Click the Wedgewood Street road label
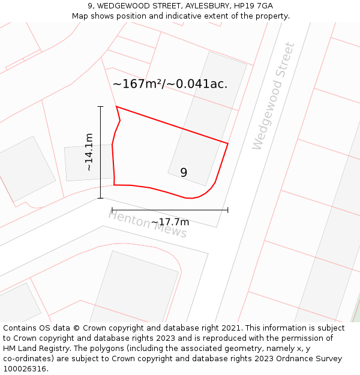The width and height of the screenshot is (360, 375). (x=274, y=96)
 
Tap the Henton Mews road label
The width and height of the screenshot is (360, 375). (x=148, y=224)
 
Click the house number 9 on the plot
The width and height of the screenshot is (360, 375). (x=184, y=173)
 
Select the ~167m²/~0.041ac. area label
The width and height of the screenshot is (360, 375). (x=170, y=84)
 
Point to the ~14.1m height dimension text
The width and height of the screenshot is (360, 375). (x=89, y=152)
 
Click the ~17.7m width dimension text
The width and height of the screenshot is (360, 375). (x=170, y=223)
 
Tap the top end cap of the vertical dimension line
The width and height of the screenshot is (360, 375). (x=100, y=107)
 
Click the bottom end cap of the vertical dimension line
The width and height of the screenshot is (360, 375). (x=100, y=198)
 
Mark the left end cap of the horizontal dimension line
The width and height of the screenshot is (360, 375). (x=112, y=210)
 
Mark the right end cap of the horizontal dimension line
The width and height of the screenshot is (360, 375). (x=228, y=210)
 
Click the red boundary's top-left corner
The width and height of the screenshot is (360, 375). (x=116, y=107)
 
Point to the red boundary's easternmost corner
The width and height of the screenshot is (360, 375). (x=228, y=143)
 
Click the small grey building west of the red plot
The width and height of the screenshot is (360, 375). (x=89, y=162)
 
